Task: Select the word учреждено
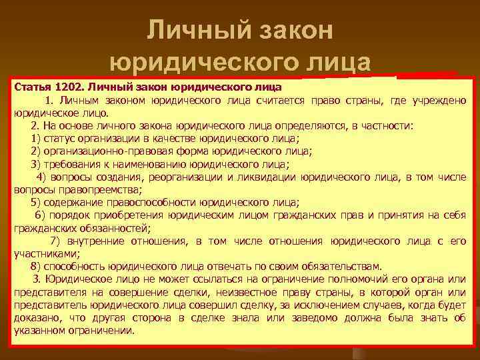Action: (x=439, y=101)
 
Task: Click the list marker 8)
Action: (x=36, y=265)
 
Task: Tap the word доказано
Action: (x=35, y=318)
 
